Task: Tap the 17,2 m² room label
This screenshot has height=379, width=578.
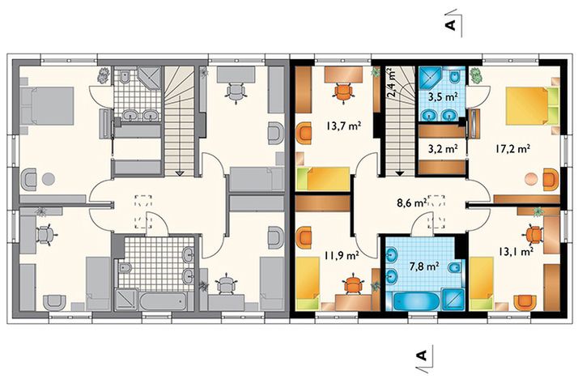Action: (x=512, y=148)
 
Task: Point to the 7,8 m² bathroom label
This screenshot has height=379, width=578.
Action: (x=422, y=265)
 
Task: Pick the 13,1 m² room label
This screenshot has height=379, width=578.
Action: (x=515, y=251)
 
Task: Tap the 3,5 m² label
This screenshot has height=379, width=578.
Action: (x=443, y=96)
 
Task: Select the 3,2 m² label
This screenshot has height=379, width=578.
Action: (x=442, y=148)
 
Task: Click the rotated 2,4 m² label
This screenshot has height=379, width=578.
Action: (x=393, y=83)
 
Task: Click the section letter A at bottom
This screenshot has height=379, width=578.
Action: (x=421, y=355)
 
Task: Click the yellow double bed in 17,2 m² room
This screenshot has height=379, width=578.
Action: (x=526, y=105)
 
